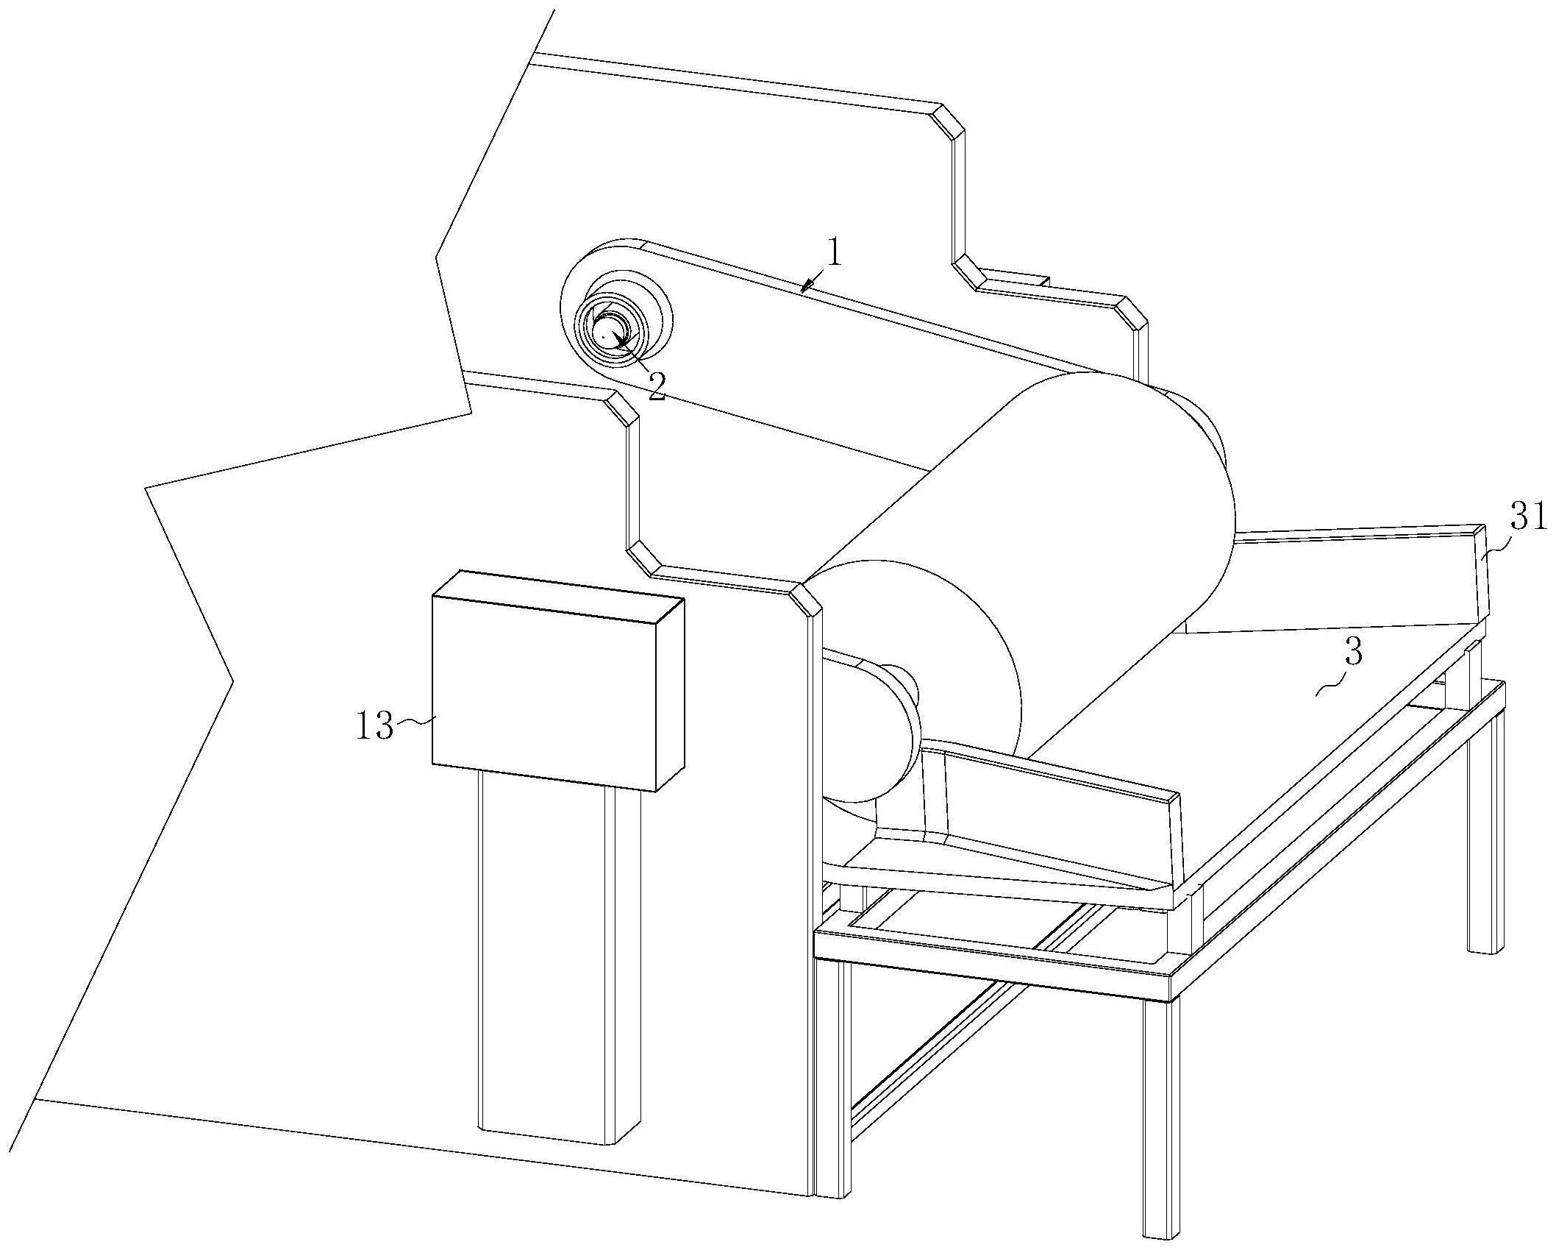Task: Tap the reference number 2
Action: (x=656, y=385)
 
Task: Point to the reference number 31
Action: (x=1529, y=519)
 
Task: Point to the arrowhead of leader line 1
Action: (x=806, y=288)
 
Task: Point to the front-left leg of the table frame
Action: (x=832, y=1045)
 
